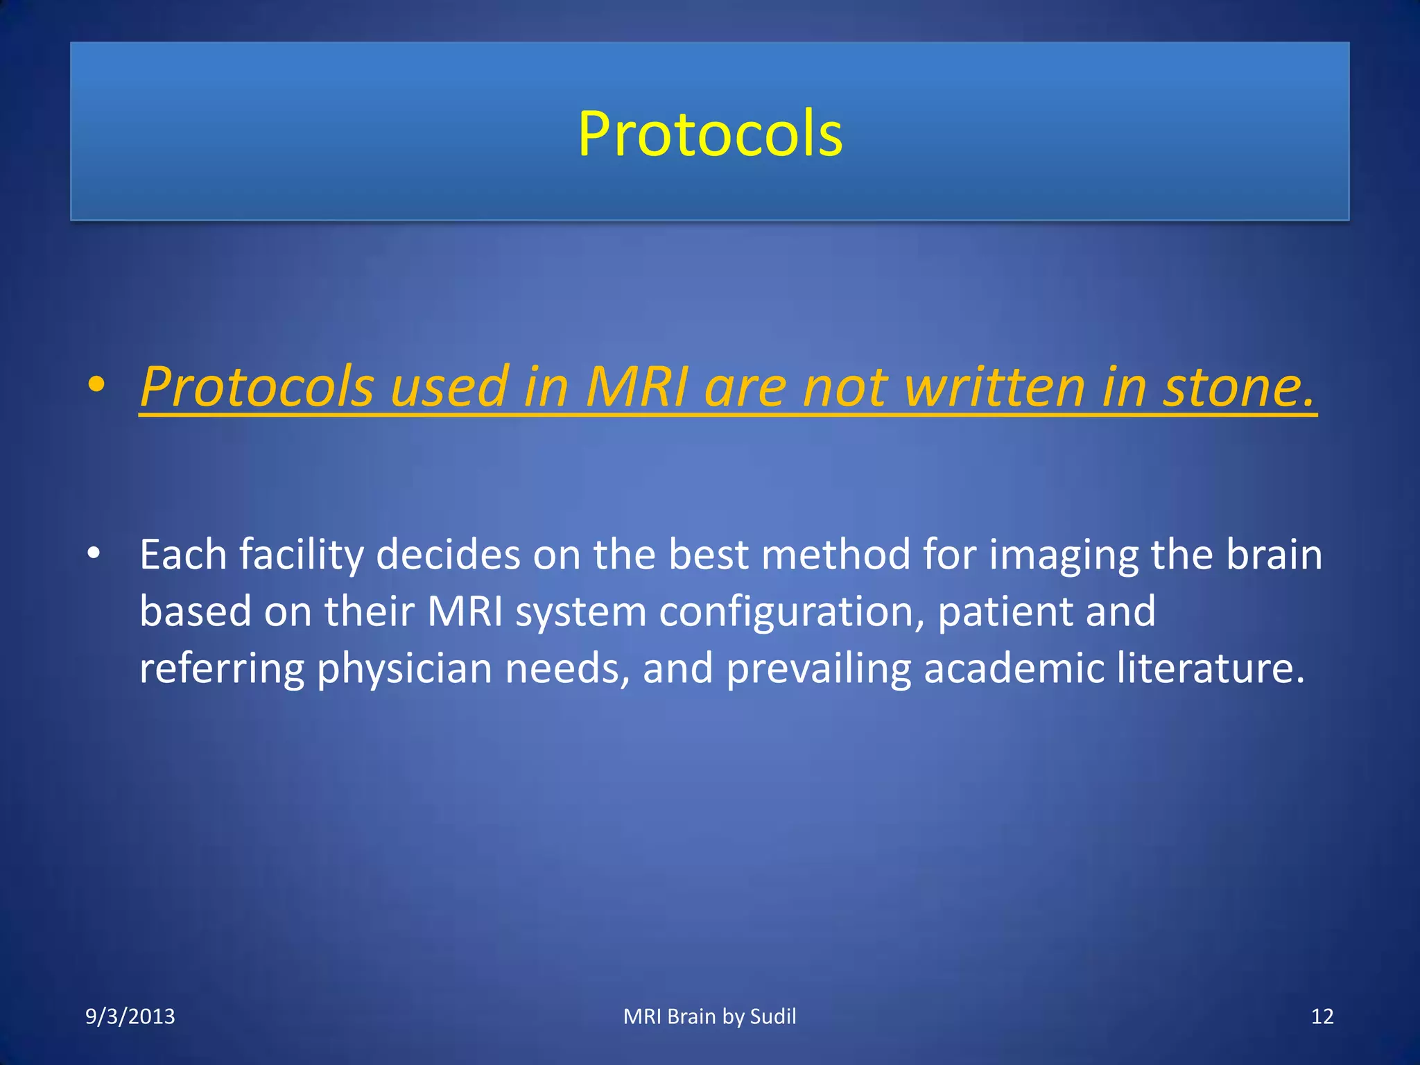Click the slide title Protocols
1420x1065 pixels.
click(x=710, y=134)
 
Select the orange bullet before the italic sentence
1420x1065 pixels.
click(x=96, y=385)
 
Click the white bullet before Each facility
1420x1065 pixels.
click(x=94, y=554)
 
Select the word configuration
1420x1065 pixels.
click(x=791, y=612)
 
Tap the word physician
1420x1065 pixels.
click(x=404, y=669)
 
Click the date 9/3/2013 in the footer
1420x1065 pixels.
click(x=130, y=1016)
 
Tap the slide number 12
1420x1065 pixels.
click(x=1322, y=1016)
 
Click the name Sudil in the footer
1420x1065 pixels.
click(x=773, y=1016)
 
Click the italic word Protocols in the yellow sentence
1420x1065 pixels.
click(x=257, y=387)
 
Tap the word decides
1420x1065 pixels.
click(x=448, y=555)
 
